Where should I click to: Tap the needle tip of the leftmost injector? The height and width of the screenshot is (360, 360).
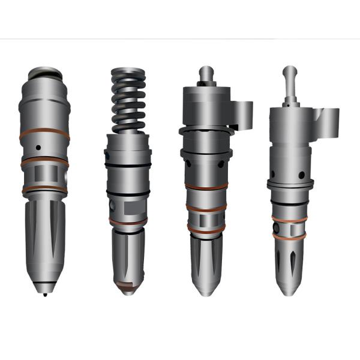point(46,292)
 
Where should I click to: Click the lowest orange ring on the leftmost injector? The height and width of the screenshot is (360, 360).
point(45,189)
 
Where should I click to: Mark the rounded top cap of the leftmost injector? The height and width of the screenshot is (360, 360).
point(45,73)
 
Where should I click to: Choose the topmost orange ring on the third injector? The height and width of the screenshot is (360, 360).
point(206,187)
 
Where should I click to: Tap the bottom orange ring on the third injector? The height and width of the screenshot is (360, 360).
point(206,228)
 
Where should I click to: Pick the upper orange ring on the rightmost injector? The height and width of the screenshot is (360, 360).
point(289,218)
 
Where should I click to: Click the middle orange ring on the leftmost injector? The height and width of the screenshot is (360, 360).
point(45,162)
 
